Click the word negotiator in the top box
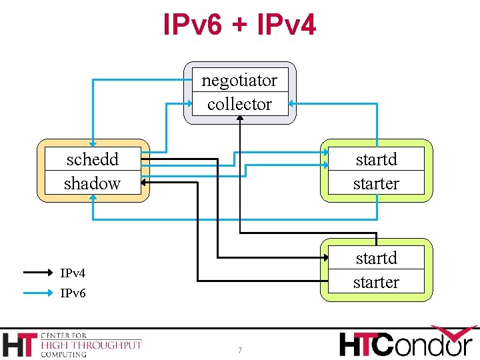239,81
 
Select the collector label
239,104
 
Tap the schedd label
93,159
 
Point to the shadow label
92,183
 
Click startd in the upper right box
376,159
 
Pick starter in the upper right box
376,183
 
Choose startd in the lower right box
376,258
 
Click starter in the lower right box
376,282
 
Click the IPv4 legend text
73,273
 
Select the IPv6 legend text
73,293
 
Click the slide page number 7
240,351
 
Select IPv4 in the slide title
287,25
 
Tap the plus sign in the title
240,27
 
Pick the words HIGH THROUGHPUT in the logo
91,345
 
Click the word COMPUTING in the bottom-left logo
63,354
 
